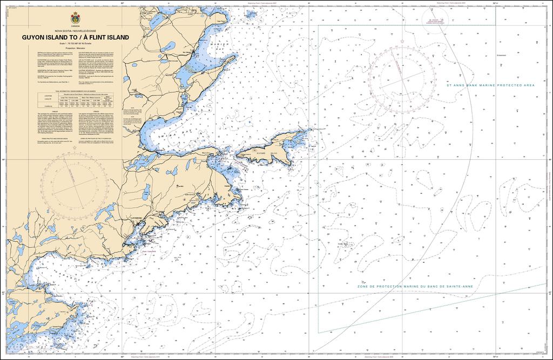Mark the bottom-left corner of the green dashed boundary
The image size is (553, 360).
coord(319,331)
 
